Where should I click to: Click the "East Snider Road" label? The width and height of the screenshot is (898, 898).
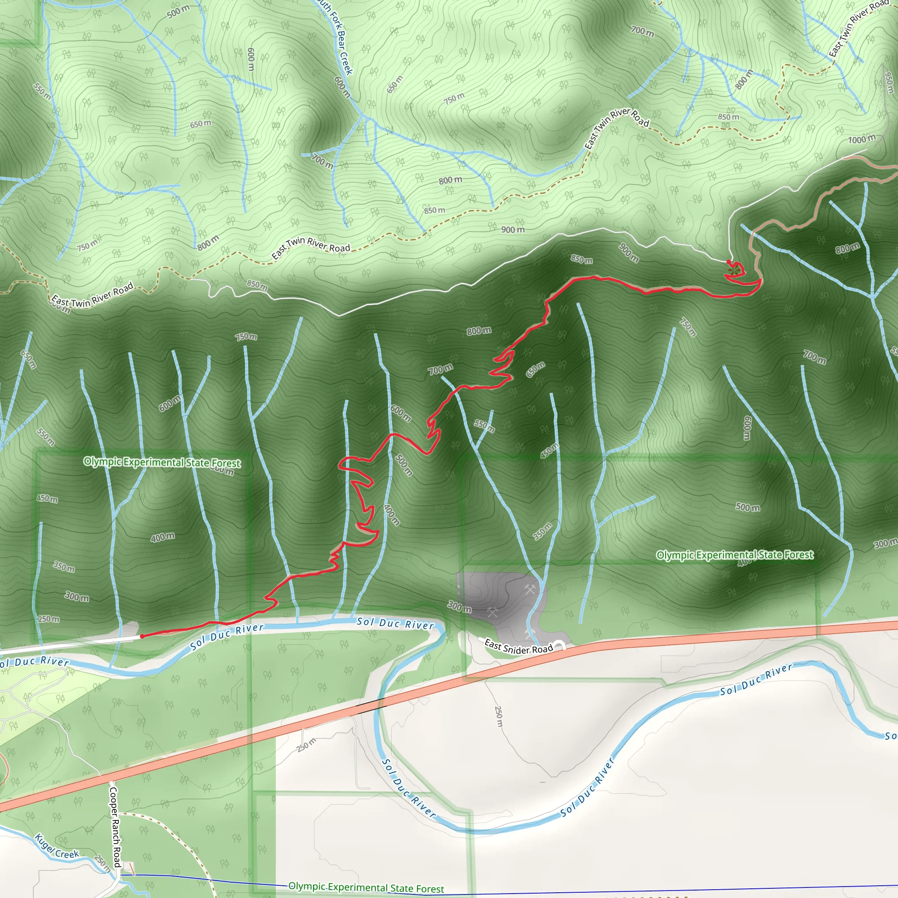(518, 646)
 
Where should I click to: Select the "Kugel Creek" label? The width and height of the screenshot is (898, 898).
(57, 847)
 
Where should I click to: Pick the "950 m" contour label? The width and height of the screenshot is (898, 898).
(889, 82)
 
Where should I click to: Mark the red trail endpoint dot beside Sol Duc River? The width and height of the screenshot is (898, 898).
(142, 636)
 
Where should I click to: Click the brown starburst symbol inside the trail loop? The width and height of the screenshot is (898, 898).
(734, 269)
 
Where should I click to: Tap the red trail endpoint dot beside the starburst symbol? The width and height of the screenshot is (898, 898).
(728, 261)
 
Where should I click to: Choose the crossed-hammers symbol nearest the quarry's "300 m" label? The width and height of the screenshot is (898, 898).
(492, 613)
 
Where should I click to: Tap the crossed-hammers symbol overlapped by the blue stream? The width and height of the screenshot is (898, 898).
(528, 633)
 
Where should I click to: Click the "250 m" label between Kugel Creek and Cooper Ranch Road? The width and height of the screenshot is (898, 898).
(102, 862)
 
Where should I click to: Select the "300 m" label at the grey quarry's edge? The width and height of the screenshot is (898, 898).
(459, 606)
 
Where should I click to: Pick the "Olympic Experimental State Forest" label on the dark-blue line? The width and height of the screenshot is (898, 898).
(366, 887)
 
